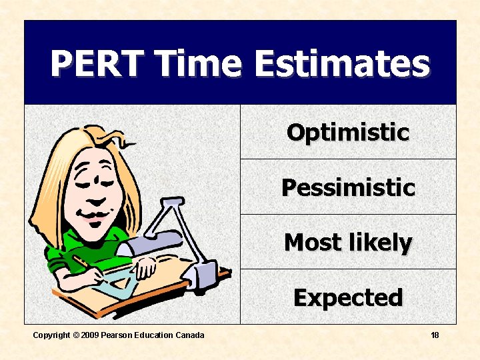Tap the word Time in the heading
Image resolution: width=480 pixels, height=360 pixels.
click(197, 65)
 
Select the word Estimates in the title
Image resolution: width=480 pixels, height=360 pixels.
click(341, 65)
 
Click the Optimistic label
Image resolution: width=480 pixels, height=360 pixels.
click(347, 132)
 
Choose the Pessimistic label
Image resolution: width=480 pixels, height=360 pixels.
click(347, 187)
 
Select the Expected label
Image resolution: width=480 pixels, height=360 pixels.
click(347, 297)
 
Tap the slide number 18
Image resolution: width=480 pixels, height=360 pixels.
click(435, 335)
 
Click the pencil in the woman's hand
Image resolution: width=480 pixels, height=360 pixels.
click(83, 261)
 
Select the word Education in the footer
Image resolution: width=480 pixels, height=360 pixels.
click(155, 335)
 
